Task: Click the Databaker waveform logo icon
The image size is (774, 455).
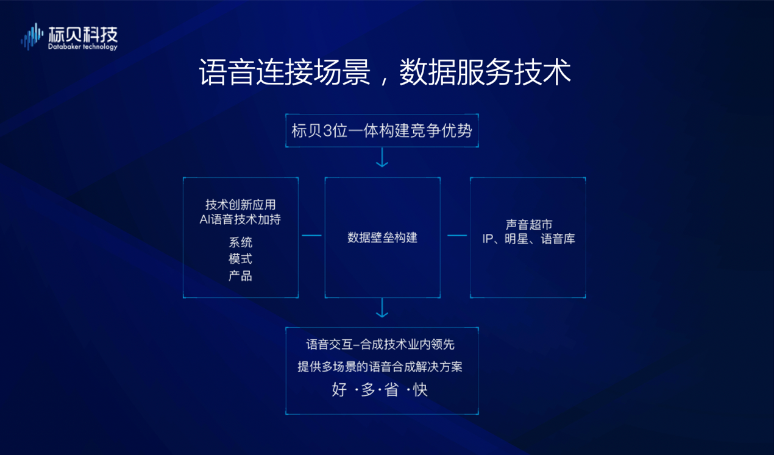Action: click(x=32, y=37)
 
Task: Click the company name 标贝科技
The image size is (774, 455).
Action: click(x=83, y=32)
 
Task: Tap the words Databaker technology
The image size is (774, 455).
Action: click(x=82, y=47)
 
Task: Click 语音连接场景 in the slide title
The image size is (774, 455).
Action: click(x=285, y=73)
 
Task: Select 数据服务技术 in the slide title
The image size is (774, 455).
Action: click(x=485, y=73)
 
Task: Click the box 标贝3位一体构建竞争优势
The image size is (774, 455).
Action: click(x=382, y=130)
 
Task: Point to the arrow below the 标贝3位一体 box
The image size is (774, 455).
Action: click(x=382, y=158)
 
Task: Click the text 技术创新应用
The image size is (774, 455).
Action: click(x=240, y=205)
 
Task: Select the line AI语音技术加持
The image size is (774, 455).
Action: click(x=240, y=219)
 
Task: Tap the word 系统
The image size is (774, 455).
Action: click(x=240, y=242)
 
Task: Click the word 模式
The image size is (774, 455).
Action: click(x=240, y=259)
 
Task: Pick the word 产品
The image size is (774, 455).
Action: click(x=240, y=275)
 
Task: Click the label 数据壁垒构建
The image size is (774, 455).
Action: click(x=382, y=238)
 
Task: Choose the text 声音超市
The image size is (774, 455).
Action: click(x=528, y=225)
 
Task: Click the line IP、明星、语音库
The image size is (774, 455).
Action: click(x=528, y=239)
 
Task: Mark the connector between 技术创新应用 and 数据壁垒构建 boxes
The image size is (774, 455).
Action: click(x=311, y=235)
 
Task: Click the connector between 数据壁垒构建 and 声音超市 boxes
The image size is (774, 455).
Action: click(x=457, y=235)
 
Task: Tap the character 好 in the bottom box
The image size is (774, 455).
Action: click(x=339, y=390)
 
